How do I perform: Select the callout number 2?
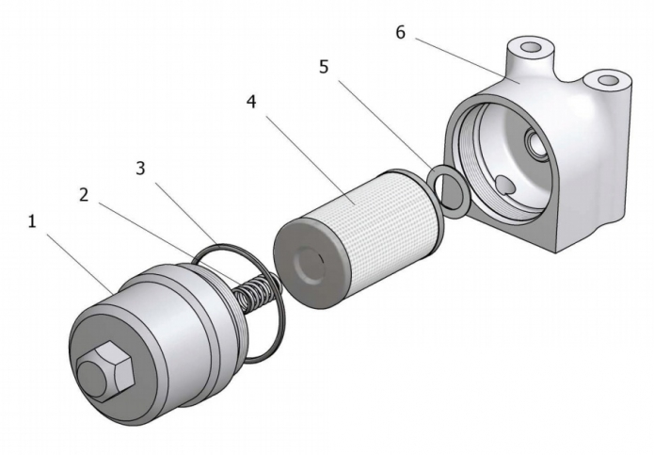[84, 196]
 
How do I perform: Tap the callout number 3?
[140, 169]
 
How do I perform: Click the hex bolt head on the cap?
[101, 370]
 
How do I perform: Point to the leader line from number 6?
[466, 58]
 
